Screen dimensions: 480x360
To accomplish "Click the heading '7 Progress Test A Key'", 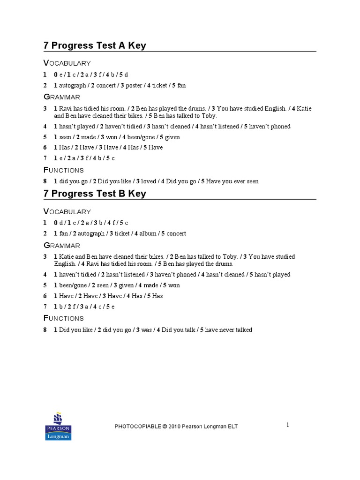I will (x=95, y=45).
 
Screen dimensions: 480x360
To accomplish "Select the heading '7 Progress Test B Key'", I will (x=95, y=194).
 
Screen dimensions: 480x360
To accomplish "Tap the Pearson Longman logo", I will (x=58, y=427).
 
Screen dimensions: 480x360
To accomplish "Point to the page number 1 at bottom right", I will (x=288, y=425).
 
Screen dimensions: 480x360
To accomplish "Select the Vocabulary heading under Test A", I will (x=67, y=63).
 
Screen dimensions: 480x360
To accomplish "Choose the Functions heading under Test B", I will (x=64, y=318).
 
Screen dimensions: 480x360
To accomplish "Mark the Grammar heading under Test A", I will (x=62, y=97).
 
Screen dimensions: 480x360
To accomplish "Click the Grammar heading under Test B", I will (x=62, y=245).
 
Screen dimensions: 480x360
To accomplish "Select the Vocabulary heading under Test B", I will (x=67, y=211).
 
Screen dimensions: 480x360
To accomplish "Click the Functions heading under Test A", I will (x=64, y=170).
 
